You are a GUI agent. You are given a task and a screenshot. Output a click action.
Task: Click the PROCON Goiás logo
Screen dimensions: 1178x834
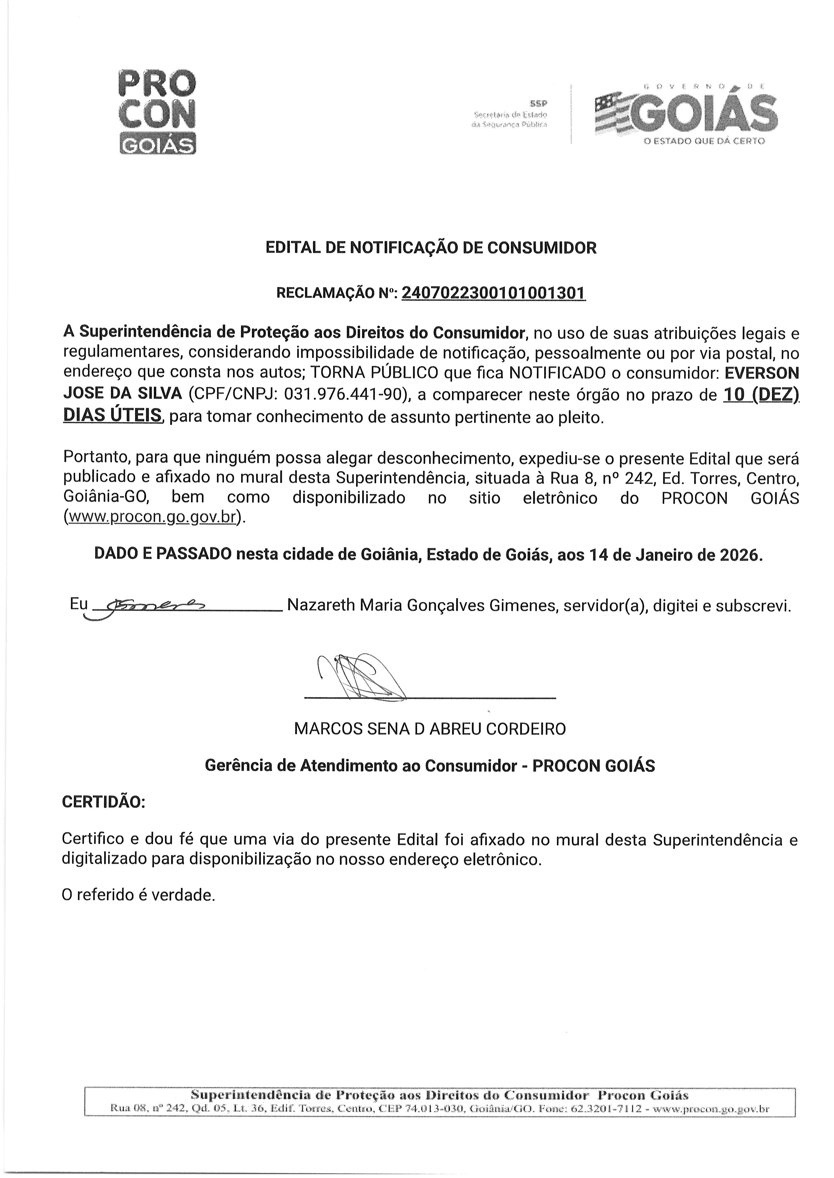(x=157, y=111)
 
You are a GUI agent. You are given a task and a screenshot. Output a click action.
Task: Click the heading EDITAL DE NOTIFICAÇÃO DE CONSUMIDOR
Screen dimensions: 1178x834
(x=431, y=248)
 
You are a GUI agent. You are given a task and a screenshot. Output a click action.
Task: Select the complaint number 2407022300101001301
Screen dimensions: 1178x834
(x=493, y=293)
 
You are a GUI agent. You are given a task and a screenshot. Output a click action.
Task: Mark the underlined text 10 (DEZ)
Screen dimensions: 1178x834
(x=761, y=395)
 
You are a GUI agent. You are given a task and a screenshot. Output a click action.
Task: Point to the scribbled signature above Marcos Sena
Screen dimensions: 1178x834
(x=359, y=676)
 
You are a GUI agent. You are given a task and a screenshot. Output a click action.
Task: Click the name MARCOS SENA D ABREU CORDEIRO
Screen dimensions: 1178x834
(x=430, y=729)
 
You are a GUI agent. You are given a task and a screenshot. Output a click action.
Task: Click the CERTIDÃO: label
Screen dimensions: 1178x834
(x=104, y=802)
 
